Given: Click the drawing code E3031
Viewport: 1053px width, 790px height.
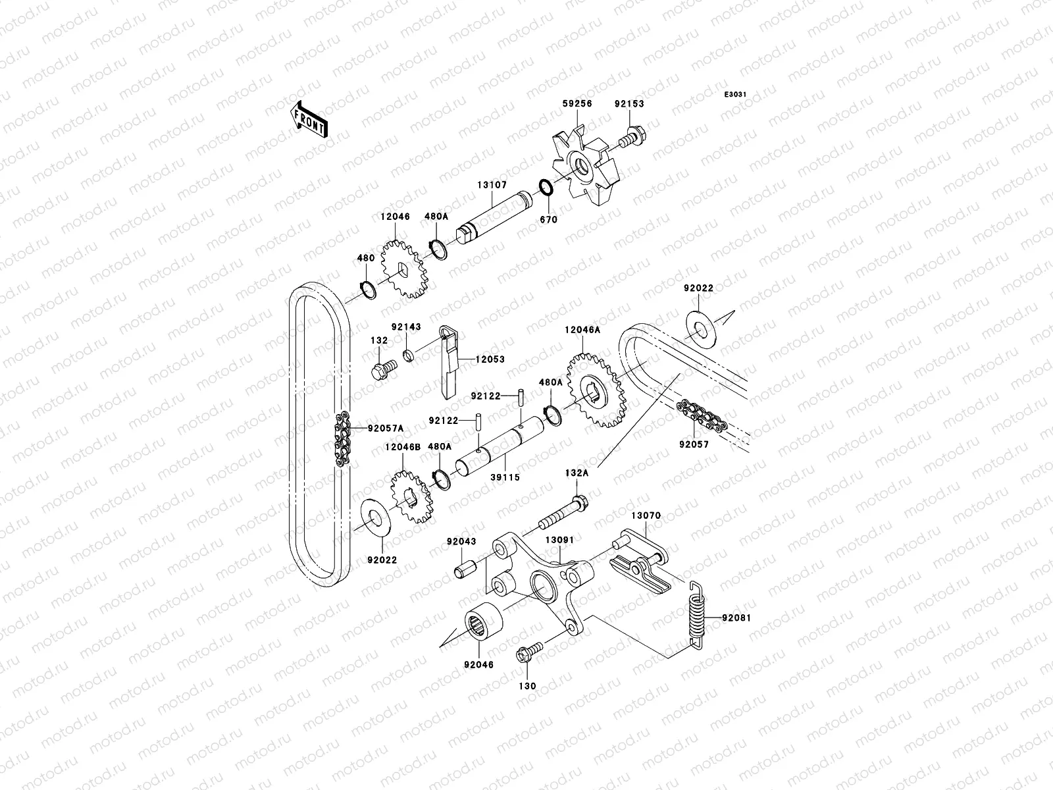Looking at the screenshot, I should (x=735, y=95).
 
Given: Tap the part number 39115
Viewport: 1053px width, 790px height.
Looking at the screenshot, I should (x=505, y=477).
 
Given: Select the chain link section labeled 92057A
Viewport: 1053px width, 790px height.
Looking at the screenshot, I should (x=342, y=440).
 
